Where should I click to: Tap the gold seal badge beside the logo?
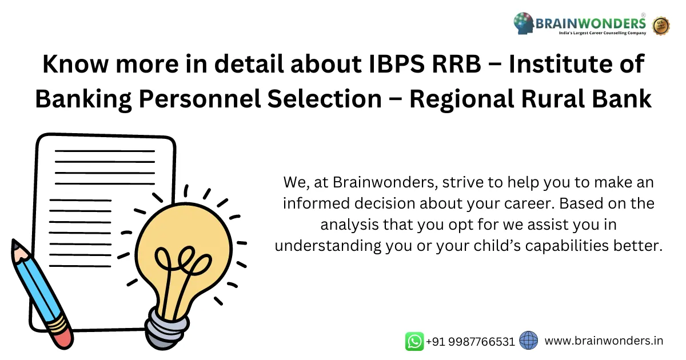click(661, 25)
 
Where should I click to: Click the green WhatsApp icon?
click(414, 341)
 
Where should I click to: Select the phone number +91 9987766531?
click(470, 342)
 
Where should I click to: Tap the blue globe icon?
click(529, 341)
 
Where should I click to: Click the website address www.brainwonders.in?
click(604, 341)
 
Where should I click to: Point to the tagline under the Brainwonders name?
click(602, 33)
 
